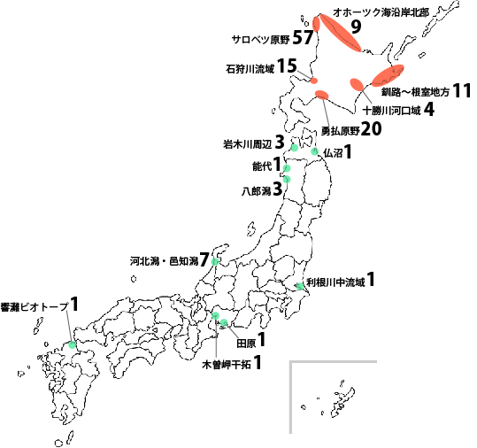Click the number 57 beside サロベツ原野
pyautogui.click(x=302, y=37)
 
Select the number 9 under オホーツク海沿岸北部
pyautogui.click(x=356, y=27)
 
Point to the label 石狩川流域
pyautogui.click(x=249, y=67)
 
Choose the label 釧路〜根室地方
pyautogui.click(x=414, y=91)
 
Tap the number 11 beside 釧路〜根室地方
pyautogui.click(x=461, y=90)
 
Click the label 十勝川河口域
pyautogui.click(x=392, y=110)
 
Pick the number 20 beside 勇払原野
pyautogui.click(x=371, y=129)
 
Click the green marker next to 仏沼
pyautogui.click(x=314, y=152)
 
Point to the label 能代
pyautogui.click(x=262, y=166)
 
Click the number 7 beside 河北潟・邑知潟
pyautogui.click(x=204, y=260)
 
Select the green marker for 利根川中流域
pyautogui.click(x=299, y=286)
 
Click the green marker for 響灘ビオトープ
pyautogui.click(x=72, y=345)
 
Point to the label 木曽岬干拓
pyautogui.click(x=226, y=364)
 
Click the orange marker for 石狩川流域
pyautogui.click(x=313, y=82)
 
